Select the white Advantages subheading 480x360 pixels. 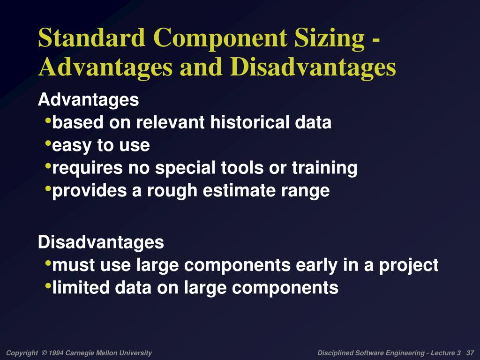88,100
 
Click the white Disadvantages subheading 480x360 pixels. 101,242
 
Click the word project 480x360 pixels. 409,265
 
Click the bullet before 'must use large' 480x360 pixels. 49,264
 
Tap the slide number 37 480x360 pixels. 471,353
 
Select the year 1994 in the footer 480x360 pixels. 56,353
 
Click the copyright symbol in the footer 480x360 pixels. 44,353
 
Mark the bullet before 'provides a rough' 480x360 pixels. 49,189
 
